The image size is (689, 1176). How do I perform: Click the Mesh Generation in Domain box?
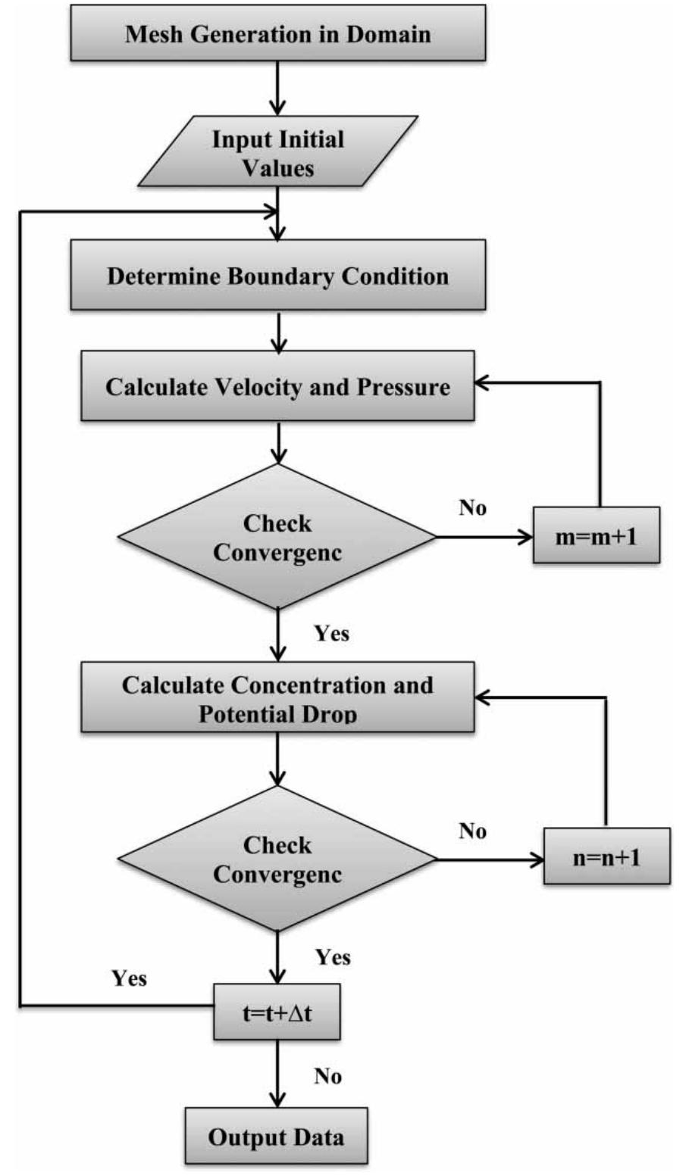point(277,35)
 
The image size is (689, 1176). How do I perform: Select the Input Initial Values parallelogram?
point(277,153)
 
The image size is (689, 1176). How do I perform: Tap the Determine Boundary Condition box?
point(277,275)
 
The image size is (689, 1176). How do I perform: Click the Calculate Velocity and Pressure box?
point(277,388)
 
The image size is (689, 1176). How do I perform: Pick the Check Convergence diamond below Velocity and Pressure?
point(277,537)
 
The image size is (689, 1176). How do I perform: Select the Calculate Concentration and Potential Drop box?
point(277,697)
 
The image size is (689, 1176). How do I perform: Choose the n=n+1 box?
point(607,859)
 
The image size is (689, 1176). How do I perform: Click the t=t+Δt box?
point(277,1012)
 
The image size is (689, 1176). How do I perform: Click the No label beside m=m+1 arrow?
point(472,508)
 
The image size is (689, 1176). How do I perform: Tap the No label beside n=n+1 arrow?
point(472,831)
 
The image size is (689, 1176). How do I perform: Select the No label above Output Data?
point(327,1076)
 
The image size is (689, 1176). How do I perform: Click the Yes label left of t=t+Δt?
point(129,978)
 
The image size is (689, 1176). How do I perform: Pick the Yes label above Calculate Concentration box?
point(332,632)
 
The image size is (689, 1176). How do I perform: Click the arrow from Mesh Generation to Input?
point(279,88)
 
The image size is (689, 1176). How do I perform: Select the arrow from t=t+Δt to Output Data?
point(279,1074)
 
